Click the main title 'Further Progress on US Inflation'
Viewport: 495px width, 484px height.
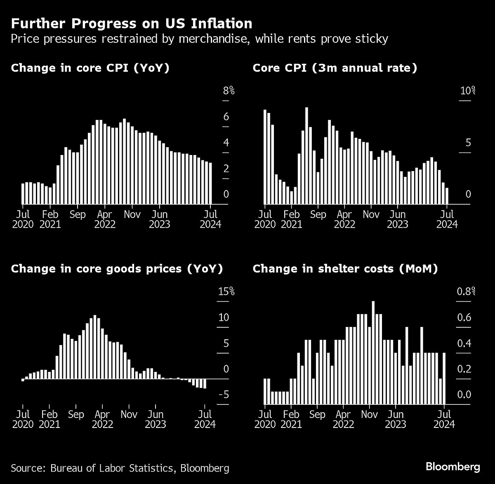tap(132, 23)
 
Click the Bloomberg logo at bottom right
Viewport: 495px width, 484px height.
tap(453, 467)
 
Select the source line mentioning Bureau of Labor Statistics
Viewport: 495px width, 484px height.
tap(120, 468)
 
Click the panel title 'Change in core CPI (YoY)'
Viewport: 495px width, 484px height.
tap(90, 68)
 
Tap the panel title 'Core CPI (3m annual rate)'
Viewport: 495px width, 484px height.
tap(335, 68)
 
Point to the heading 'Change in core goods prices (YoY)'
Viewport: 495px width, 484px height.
tap(117, 269)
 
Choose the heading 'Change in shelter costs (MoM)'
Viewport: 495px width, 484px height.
tap(345, 269)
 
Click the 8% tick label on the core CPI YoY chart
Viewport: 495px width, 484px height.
tap(229, 91)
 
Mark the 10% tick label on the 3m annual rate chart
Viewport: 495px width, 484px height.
tap(468, 91)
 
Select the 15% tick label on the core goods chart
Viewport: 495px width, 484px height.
tap(226, 292)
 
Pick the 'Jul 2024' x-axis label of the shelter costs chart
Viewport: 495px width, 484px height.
tap(444, 419)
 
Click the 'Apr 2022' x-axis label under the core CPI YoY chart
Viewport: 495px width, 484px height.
tap(105, 219)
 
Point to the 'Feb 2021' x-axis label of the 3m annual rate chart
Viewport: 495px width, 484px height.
tap(292, 219)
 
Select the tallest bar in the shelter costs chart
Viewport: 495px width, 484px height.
tap(373, 352)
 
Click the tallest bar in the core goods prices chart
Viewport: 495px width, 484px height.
tap(95, 347)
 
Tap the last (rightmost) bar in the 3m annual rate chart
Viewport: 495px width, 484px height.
tap(447, 196)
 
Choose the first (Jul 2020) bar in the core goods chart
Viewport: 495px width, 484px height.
tap(23, 380)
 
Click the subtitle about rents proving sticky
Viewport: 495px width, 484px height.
tap(199, 39)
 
